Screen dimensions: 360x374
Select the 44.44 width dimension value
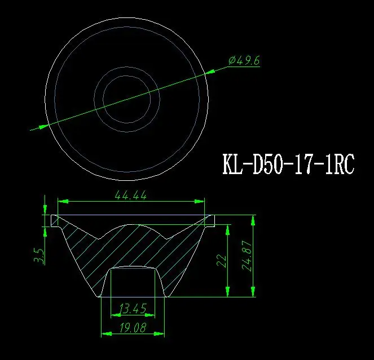pos(131,195)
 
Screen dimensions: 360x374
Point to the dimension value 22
pos(222,260)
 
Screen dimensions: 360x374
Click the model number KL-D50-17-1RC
pos(288,165)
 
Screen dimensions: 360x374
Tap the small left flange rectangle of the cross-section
pos(54,220)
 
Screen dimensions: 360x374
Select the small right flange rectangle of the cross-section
pos(209,220)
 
